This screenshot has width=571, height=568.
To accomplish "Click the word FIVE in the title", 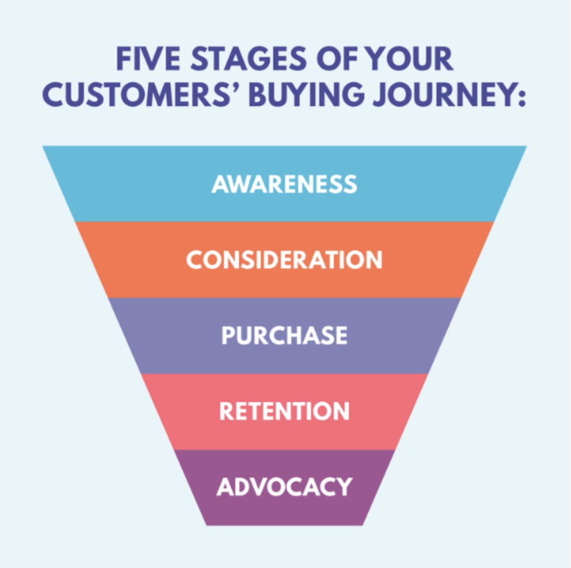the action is click(x=148, y=59).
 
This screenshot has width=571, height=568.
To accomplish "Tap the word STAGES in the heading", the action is click(x=248, y=59).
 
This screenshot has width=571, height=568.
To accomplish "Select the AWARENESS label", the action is click(x=285, y=184).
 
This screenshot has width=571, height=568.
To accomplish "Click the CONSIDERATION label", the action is click(x=285, y=260).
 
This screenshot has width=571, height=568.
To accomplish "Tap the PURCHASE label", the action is click(x=285, y=335).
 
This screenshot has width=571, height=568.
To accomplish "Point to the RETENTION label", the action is click(x=285, y=411).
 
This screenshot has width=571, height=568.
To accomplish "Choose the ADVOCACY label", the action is click(x=285, y=487).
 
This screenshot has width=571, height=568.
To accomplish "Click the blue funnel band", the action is click(x=285, y=204).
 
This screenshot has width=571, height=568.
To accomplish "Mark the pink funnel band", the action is click(x=285, y=433).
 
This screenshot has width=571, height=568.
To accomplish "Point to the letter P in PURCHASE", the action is click(x=228, y=335).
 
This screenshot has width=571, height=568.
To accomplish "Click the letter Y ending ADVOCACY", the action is click(x=344, y=487).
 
